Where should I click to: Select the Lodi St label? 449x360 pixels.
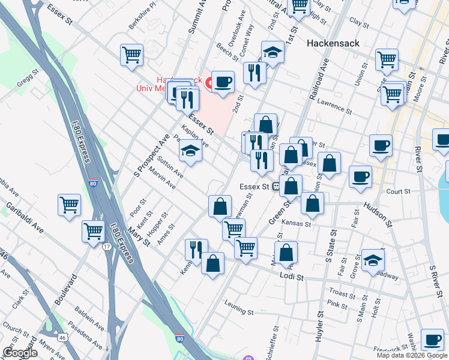(x=292, y=275)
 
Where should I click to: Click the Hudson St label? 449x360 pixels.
(x=377, y=214)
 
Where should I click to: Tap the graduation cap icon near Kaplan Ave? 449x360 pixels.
(x=190, y=150)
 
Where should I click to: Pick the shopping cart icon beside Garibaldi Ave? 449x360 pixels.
(x=70, y=204)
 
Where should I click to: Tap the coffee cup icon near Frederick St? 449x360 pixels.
(x=432, y=339)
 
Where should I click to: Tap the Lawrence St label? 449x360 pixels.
(x=335, y=106)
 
